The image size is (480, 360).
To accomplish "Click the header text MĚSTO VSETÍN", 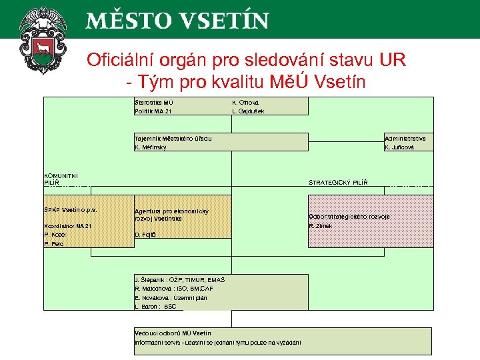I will pos(177,20).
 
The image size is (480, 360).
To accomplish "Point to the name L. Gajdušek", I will pos(248,111).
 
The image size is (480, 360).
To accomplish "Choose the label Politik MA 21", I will pos(153,111).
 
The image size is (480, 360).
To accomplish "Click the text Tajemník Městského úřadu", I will pos(173,138).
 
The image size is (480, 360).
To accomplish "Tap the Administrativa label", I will pos(405,138).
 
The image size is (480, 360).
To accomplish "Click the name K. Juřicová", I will pos(400,147).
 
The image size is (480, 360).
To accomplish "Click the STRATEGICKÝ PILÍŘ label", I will pos(338,182).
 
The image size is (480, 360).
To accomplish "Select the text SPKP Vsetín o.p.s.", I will pos(70,209).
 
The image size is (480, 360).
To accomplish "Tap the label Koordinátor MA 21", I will pos(67,226).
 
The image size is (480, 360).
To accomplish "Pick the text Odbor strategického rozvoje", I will pos(349,217).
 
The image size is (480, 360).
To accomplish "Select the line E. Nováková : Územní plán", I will pos(171,297).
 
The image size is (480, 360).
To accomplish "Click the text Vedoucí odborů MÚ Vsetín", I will pos(173,333).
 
